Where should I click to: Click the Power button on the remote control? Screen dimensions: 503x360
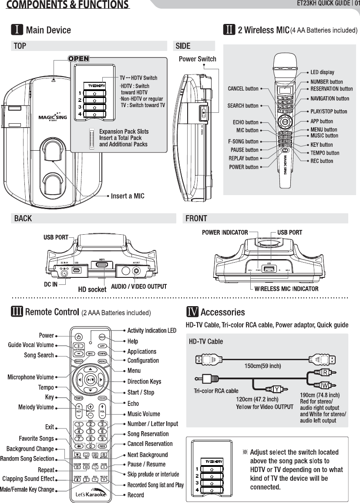point(78,337)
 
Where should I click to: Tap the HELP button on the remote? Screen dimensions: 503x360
point(102,337)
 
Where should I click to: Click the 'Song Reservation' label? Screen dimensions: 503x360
point(148,434)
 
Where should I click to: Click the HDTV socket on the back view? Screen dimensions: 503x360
point(102,265)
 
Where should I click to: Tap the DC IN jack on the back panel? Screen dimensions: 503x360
point(65,273)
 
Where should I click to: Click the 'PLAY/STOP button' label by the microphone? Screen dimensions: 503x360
point(329,111)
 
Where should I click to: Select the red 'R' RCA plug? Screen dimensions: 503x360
point(325,372)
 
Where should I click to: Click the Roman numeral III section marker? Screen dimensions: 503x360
point(17,312)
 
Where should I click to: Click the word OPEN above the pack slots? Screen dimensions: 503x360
point(78,59)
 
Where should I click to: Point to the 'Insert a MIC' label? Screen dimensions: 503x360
point(128,196)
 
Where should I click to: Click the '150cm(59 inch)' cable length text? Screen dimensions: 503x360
point(262,366)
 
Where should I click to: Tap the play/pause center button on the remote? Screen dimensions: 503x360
point(90,379)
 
